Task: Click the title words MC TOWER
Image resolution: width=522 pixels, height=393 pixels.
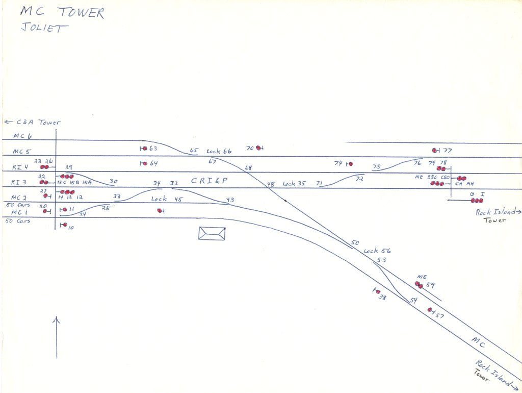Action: [x=62, y=13]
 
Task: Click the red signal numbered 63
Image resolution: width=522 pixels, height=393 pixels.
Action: [x=145, y=149]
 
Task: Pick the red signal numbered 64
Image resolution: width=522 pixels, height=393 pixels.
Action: [x=145, y=164]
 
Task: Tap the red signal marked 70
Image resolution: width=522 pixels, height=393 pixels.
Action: [x=259, y=148]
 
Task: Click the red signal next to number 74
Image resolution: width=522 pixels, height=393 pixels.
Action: [x=350, y=164]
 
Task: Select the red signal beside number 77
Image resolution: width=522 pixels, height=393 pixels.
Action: [x=435, y=151]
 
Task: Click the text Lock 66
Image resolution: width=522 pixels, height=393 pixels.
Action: [x=219, y=152]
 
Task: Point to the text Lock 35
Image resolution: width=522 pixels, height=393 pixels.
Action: [x=294, y=184]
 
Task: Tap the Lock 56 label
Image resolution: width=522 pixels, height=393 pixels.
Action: [x=377, y=251]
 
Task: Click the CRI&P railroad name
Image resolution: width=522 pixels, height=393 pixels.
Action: [x=207, y=180]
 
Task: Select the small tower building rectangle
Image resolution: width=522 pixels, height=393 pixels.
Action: [x=212, y=233]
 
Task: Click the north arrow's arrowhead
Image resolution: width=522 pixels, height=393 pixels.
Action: [x=56, y=320]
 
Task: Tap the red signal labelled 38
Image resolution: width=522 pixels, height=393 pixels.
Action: [x=378, y=292]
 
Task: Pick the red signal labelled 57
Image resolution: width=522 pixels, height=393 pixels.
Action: [x=430, y=310]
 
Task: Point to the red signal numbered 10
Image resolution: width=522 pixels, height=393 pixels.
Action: [x=64, y=225]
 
